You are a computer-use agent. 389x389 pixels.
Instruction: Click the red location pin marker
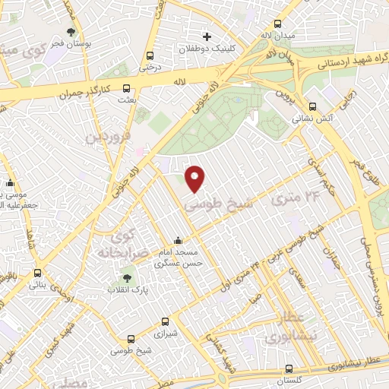coord(195,178)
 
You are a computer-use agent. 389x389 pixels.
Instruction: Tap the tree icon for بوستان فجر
coord(71,32)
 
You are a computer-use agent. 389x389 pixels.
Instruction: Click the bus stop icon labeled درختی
coord(150,55)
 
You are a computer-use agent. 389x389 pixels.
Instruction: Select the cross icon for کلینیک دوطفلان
coord(207,36)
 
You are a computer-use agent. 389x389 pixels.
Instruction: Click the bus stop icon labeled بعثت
coord(126,87)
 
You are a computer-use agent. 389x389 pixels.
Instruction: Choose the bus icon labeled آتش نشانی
coord(313,106)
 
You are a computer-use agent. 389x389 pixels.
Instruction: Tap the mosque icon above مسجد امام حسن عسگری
coord(178,241)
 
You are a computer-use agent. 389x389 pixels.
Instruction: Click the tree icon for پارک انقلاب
coord(126,279)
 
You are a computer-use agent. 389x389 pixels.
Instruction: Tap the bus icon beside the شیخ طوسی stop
coord(131,339)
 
